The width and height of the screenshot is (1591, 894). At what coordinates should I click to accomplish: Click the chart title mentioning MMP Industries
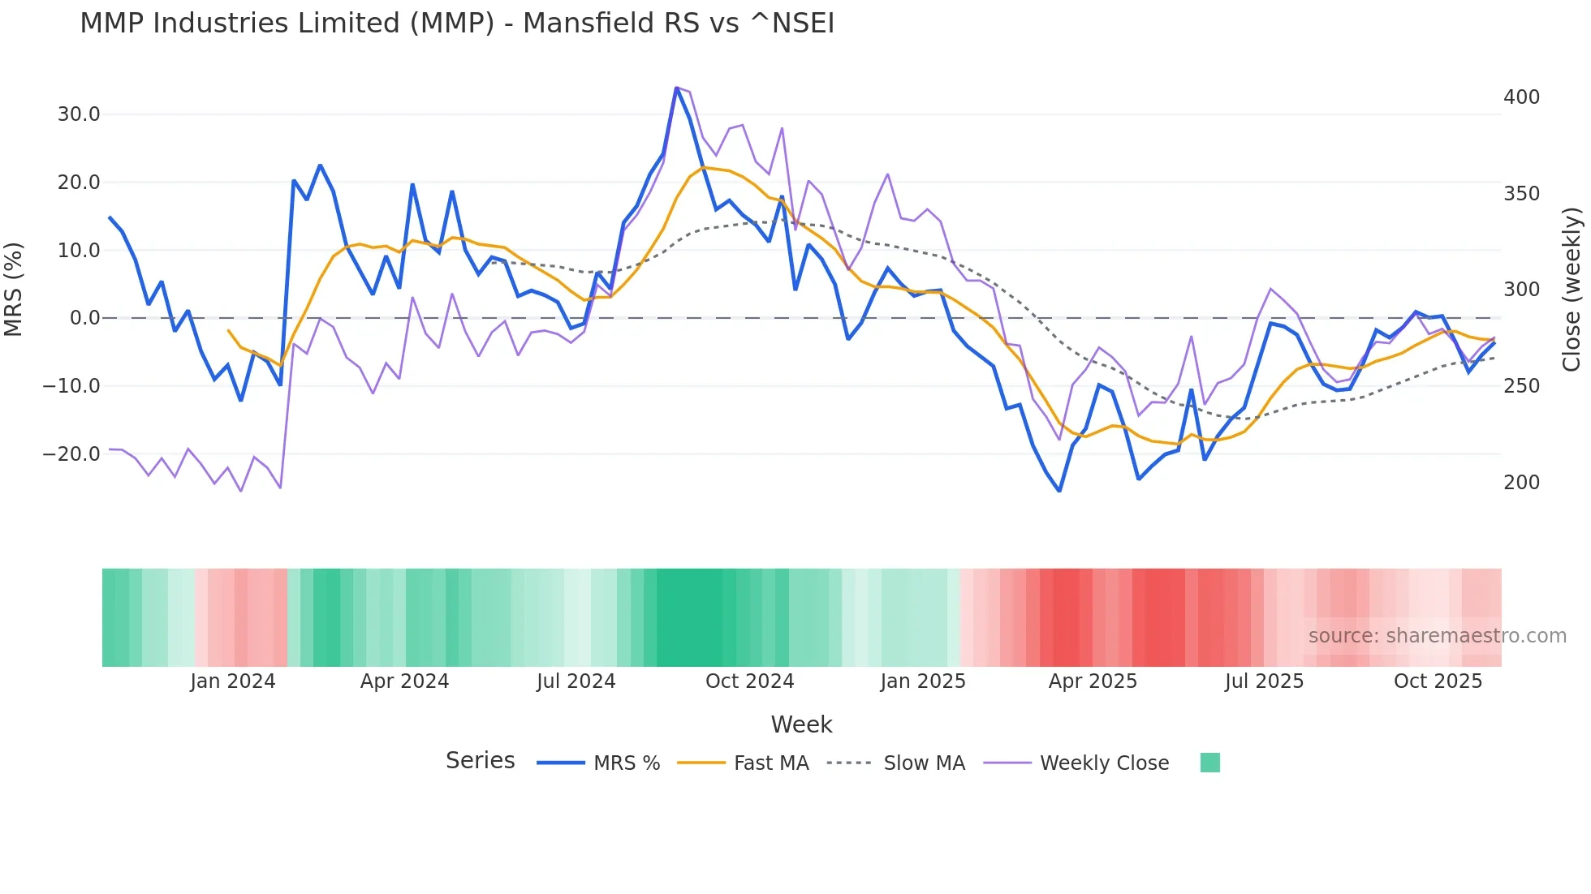tap(457, 23)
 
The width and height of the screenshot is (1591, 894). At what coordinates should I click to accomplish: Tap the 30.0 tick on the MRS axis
tap(79, 114)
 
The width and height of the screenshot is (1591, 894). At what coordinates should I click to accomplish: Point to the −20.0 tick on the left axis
tap(71, 454)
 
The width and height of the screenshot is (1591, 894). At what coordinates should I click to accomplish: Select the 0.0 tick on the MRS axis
tap(84, 318)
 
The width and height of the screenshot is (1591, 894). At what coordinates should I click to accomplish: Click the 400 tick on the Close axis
tap(1521, 97)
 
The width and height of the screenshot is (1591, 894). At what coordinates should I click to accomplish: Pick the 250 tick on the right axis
tap(1521, 386)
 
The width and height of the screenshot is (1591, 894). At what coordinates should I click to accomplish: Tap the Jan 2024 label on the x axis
tap(233, 681)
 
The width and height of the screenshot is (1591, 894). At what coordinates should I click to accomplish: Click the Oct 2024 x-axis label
tap(749, 681)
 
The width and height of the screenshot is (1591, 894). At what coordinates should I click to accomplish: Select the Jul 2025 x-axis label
tap(1264, 681)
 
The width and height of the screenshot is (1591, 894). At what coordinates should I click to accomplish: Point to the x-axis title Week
tap(801, 724)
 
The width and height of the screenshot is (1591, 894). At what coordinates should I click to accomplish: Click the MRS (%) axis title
tap(14, 289)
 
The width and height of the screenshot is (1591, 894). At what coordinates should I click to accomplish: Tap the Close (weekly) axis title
tap(1572, 289)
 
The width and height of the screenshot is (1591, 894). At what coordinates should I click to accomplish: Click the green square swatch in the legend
tap(1209, 763)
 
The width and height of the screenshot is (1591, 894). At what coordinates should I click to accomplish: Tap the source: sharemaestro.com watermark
tap(1437, 636)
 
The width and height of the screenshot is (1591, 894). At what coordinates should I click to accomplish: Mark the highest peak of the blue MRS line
tap(676, 88)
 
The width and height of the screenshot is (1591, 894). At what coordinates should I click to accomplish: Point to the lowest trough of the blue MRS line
tap(1059, 491)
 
